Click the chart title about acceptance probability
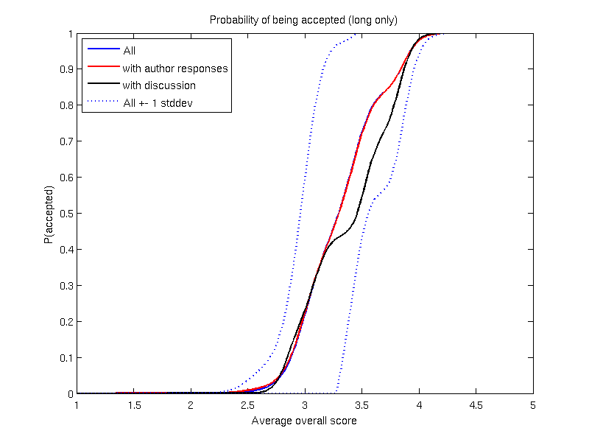(x=304, y=20)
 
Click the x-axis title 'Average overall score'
(x=304, y=421)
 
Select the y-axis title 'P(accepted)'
(x=48, y=214)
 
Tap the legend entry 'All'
(x=130, y=51)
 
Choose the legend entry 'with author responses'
(x=175, y=69)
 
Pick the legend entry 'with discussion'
(x=159, y=85)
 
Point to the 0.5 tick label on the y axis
(x=65, y=214)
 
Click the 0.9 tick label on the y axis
(x=65, y=70)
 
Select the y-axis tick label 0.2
(x=65, y=322)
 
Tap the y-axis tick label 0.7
(x=65, y=141)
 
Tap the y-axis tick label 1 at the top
(x=69, y=34)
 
